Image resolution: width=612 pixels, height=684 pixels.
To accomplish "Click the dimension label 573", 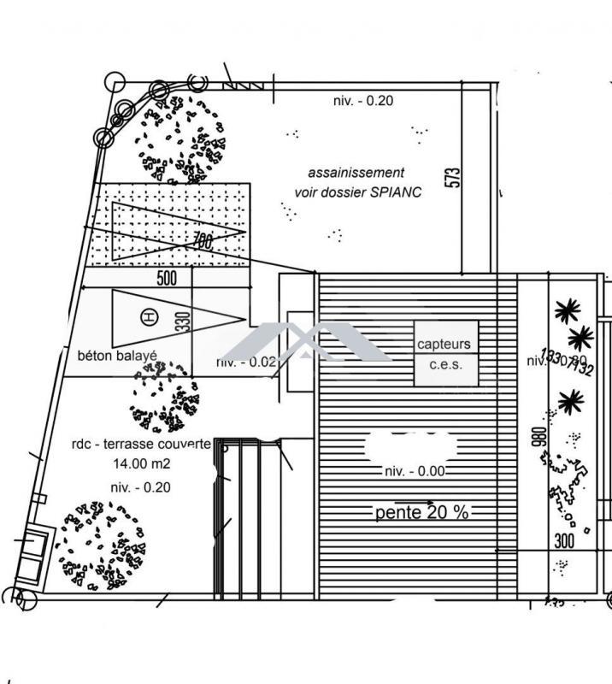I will [454, 176].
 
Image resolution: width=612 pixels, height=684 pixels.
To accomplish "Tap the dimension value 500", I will [168, 278].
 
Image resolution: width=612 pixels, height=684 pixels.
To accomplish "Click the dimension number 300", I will [564, 540].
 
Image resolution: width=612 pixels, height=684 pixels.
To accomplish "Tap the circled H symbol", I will [150, 318].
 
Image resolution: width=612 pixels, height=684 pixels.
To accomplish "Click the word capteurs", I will [444, 345].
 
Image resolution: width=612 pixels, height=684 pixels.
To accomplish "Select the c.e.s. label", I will [444, 365].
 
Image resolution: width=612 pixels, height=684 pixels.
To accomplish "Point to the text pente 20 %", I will [421, 513].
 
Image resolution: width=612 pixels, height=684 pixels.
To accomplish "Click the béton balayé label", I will [117, 355].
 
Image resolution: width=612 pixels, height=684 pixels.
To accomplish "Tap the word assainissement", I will [356, 174].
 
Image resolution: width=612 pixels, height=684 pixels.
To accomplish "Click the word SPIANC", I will [396, 192].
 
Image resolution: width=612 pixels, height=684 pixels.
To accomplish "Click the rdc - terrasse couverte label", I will [142, 445].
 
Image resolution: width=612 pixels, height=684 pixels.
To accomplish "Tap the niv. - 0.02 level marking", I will [247, 362].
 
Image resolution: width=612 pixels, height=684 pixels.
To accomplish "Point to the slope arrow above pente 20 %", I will [414, 502].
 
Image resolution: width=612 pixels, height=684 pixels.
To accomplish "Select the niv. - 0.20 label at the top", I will [363, 101].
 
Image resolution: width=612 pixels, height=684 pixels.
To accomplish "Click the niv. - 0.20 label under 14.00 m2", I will [141, 487].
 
